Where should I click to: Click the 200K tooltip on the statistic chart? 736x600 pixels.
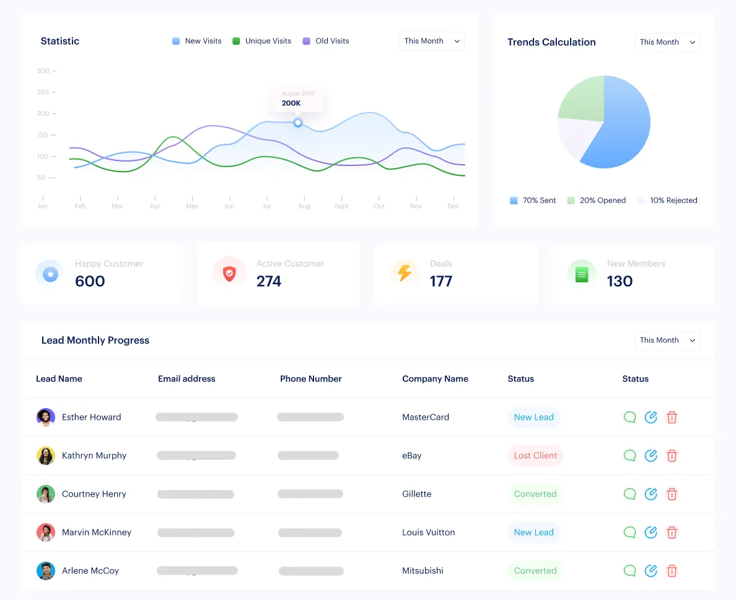pos(298,99)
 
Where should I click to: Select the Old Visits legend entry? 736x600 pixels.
pos(326,41)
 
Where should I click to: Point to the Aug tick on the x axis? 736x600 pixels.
pos(304,206)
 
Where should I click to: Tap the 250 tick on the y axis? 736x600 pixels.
pos(43,92)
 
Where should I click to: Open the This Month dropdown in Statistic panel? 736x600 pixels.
pos(432,41)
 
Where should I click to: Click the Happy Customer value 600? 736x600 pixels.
pos(90,281)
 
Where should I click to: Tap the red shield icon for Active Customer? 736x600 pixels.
pos(229,273)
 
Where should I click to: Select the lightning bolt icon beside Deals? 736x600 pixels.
pos(405,273)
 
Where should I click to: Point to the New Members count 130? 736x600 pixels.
pos(620,281)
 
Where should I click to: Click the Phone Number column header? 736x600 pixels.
pos(310,379)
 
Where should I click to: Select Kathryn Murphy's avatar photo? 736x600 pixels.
pos(46,456)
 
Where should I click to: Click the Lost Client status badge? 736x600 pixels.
pos(535,456)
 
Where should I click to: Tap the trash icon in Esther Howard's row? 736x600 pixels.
pos(672,417)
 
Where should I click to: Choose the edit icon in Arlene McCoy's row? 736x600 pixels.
pos(651,571)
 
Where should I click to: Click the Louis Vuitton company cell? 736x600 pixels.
pos(428,533)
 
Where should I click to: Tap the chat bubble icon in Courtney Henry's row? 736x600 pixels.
pos(630,494)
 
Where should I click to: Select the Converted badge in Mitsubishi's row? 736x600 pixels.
pos(535,571)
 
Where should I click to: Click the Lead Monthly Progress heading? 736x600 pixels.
pos(95,341)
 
